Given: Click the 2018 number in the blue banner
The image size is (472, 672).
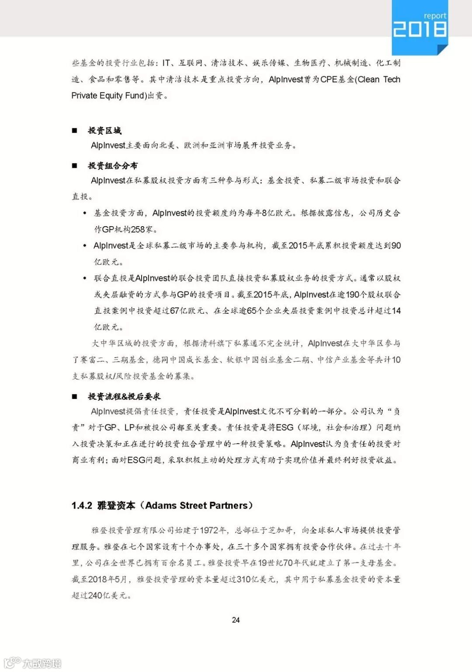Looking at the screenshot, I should click(x=420, y=29).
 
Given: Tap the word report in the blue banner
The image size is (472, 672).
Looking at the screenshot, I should click(x=435, y=15).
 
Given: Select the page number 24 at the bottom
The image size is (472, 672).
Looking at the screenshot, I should click(x=236, y=619).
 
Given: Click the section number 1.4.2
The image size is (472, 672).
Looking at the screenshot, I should click(x=82, y=506).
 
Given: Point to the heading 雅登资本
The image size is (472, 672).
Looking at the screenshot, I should click(x=116, y=506).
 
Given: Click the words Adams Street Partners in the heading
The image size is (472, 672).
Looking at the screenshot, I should click(x=196, y=506).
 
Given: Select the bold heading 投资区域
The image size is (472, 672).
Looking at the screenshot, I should click(x=104, y=130).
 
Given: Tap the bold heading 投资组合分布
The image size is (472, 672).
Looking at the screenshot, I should click(x=112, y=165).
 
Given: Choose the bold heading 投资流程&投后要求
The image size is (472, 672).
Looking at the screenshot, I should click(x=124, y=396).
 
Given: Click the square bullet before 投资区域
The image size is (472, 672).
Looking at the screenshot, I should click(x=75, y=130).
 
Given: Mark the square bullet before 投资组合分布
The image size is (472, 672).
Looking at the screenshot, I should click(x=75, y=165).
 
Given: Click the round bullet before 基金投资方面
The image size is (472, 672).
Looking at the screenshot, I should click(x=85, y=213).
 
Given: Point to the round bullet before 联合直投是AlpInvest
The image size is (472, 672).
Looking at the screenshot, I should click(x=85, y=278).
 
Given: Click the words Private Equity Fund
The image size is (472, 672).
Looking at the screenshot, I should click(x=108, y=95).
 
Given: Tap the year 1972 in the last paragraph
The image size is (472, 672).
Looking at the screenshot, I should click(x=209, y=530).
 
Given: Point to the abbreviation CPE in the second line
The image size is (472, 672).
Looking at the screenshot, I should click(x=329, y=79).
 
